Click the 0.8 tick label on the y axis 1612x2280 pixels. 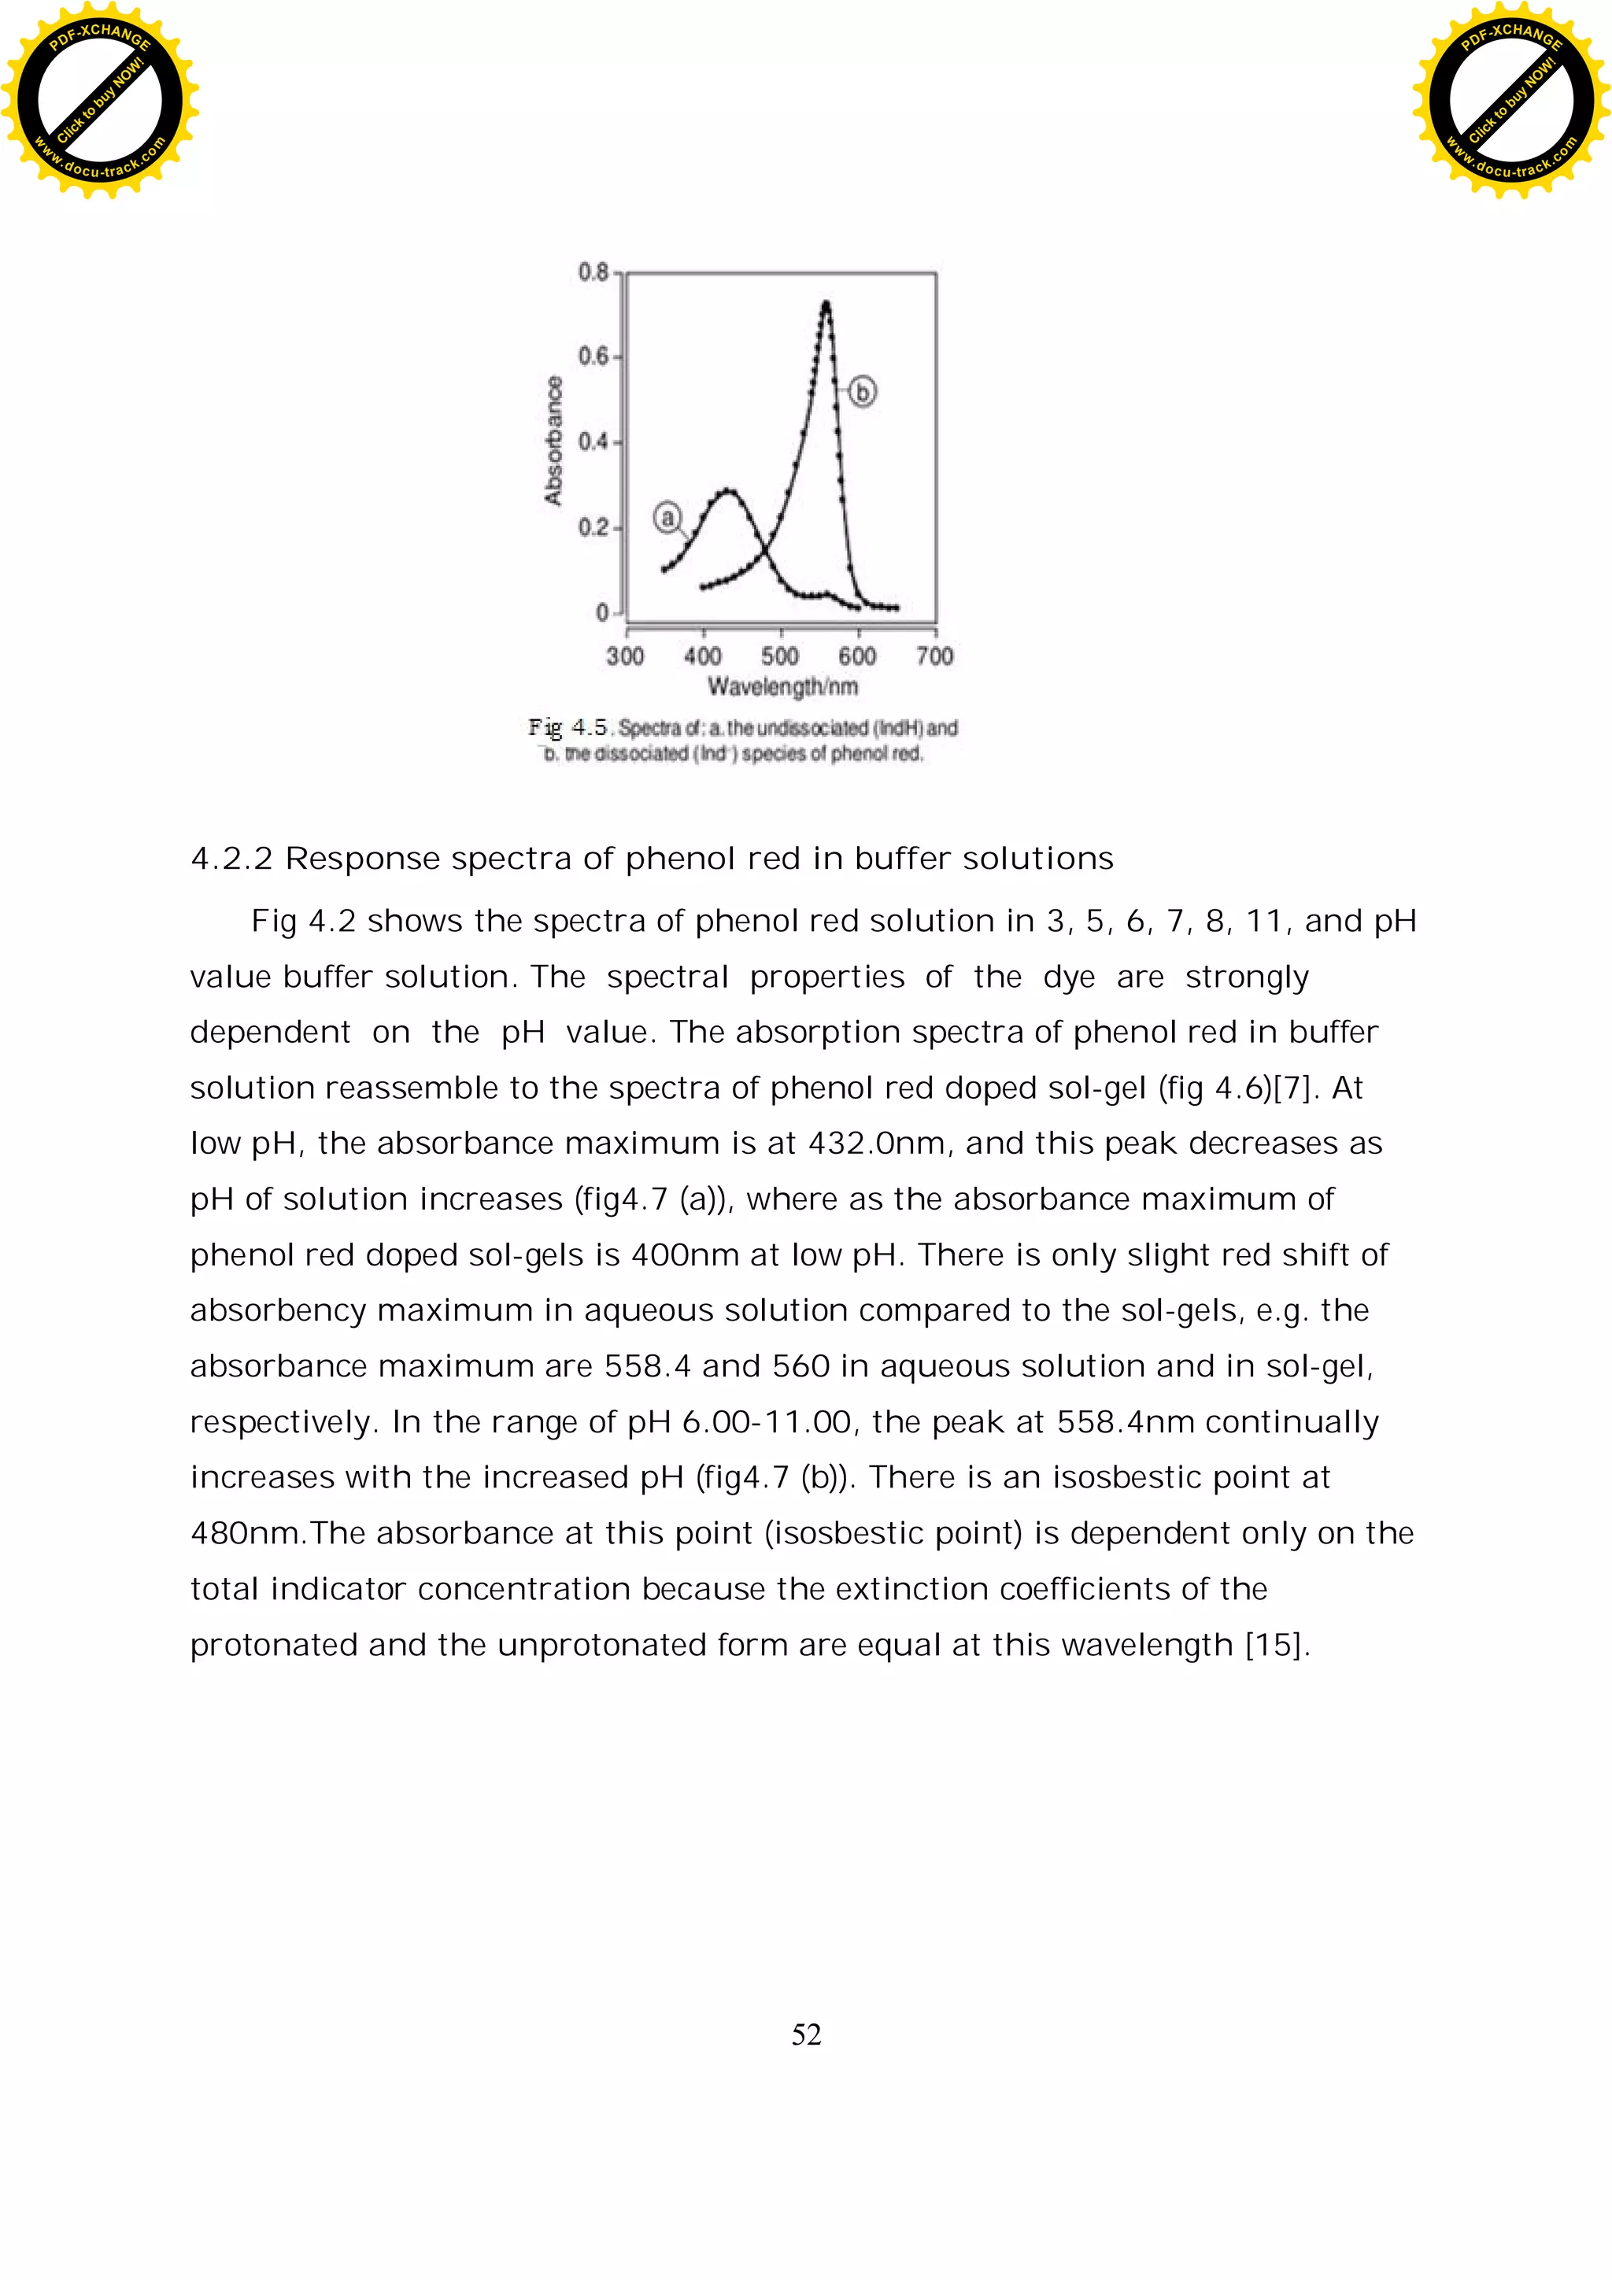pos(593,272)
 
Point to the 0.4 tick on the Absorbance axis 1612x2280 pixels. pos(593,442)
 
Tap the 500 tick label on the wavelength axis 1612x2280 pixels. pos(780,656)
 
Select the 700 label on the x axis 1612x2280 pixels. pos(934,656)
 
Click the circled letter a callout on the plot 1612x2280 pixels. pos(667,517)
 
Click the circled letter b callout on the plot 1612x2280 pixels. pos(862,392)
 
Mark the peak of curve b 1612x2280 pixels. pos(826,304)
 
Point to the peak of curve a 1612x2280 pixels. pos(728,490)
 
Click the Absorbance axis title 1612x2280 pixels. pos(553,440)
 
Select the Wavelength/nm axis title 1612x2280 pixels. pos(782,686)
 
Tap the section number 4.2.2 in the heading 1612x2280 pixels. pos(231,859)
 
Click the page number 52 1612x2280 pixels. pos(805,2034)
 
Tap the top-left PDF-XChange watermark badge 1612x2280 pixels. pos(99,99)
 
